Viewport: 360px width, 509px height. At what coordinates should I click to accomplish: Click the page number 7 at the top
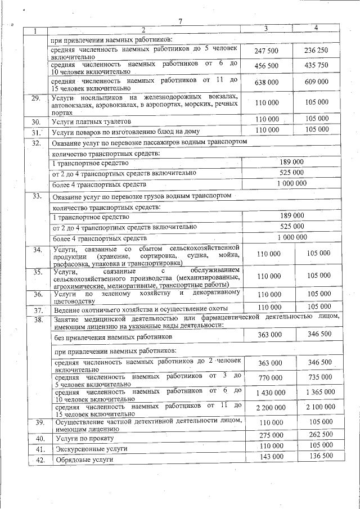tap(180, 21)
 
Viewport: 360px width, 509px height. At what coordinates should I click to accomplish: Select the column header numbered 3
tap(266, 29)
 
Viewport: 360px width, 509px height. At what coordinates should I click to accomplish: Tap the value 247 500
tap(267, 51)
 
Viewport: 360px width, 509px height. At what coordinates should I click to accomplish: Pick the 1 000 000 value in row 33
tap(291, 238)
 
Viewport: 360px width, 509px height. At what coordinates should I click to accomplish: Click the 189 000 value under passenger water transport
tap(291, 162)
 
